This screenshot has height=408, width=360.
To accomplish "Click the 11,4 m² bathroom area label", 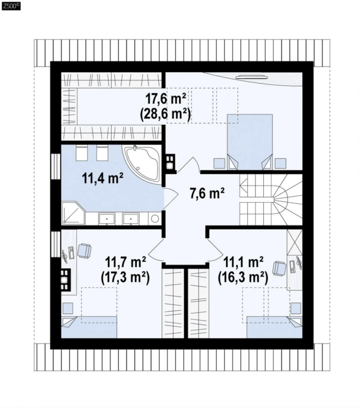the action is (x=102, y=178).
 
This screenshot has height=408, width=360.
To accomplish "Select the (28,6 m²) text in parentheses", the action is (x=165, y=114).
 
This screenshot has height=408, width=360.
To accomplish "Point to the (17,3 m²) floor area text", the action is (x=125, y=278).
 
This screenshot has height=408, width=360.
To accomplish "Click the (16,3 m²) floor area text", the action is (x=243, y=278).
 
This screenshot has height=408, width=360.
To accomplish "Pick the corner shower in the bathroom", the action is (x=73, y=212).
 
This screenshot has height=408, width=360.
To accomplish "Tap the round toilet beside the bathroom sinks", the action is (x=155, y=219).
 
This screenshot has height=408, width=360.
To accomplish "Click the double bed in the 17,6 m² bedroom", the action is (x=250, y=142).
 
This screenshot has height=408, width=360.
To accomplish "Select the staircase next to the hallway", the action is (x=271, y=200).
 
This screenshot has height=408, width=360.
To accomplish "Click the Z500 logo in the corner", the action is (x=11, y=6).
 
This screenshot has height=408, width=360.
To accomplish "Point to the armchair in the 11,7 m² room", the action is (x=84, y=250).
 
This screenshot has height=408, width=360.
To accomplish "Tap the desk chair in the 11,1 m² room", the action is (x=279, y=268).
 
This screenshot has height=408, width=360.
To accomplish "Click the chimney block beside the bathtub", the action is (x=170, y=164).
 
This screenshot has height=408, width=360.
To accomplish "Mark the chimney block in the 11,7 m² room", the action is (x=65, y=279).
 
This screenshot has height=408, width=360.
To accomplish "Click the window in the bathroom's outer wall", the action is (x=56, y=167).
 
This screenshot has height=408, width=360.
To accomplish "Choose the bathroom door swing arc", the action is (x=171, y=199).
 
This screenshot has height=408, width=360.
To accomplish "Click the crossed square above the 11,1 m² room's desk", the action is (x=295, y=242).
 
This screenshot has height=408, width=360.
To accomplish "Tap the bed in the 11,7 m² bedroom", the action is (x=89, y=327).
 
